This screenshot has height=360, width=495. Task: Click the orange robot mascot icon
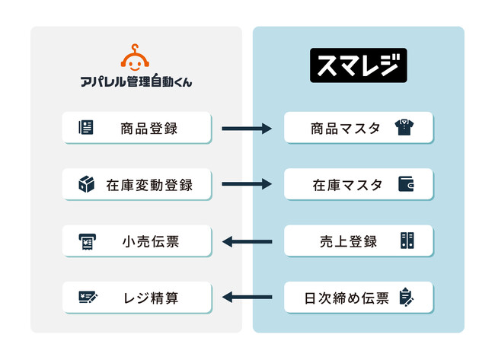(x=136, y=59)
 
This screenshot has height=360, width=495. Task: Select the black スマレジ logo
(x=358, y=66)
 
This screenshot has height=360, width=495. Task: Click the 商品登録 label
(x=148, y=128)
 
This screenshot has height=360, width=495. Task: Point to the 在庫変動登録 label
(x=148, y=184)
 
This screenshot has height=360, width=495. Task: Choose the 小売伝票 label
(x=148, y=241)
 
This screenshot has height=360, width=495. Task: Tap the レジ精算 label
(x=148, y=298)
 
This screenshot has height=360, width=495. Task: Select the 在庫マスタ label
(x=347, y=184)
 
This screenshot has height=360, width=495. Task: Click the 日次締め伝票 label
(x=347, y=298)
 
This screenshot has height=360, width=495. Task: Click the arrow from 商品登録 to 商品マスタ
(x=247, y=128)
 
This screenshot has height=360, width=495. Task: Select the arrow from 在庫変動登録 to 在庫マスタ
(x=247, y=184)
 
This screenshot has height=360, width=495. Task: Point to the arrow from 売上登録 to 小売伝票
(x=247, y=242)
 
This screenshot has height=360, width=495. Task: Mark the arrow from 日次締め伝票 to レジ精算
(x=247, y=298)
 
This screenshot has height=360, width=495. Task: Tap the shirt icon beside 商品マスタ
(x=407, y=128)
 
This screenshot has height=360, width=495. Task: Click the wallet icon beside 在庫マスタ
(x=407, y=184)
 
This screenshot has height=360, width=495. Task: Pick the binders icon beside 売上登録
(x=407, y=241)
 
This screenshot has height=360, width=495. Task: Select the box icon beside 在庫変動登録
(x=86, y=184)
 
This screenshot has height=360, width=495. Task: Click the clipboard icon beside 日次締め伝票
(x=407, y=298)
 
